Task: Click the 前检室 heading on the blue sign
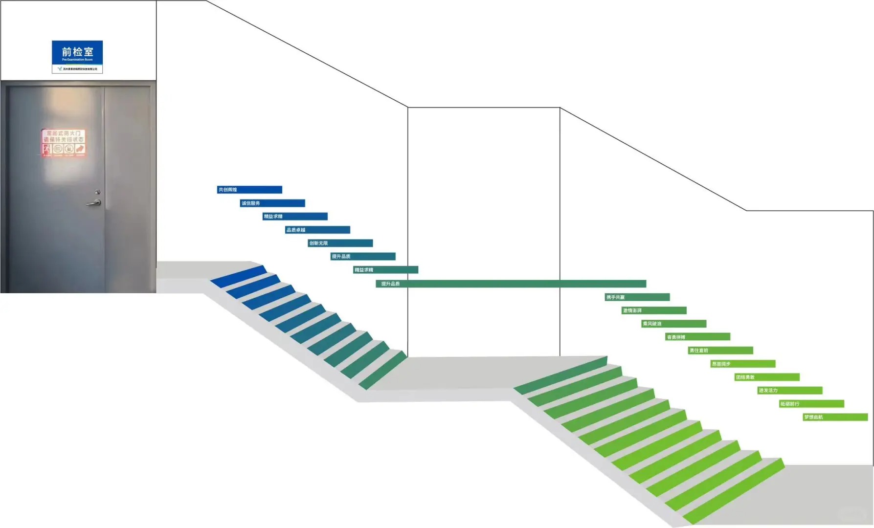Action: pos(77,51)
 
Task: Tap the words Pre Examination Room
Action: pos(77,60)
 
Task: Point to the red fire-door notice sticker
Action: pos(64,143)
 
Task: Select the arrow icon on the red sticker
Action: pos(80,149)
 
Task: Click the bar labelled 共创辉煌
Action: pos(249,190)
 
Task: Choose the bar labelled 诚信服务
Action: pos(272,203)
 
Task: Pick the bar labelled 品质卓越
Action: pos(318,230)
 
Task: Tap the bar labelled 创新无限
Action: pos(340,243)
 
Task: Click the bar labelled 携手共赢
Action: pos(637,297)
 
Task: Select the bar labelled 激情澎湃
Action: pos(654,310)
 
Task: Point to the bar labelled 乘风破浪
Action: pos(674,324)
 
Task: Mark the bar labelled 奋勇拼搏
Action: pos(697,337)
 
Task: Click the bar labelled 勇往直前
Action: pos(720,351)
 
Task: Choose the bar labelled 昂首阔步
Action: pos(743,364)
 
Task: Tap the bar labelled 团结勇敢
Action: pos(767,377)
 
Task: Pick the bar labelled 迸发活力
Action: pos(790,390)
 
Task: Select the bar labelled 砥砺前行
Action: pos(812,404)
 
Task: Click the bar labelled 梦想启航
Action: pos(835,417)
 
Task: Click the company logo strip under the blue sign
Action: pos(77,69)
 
